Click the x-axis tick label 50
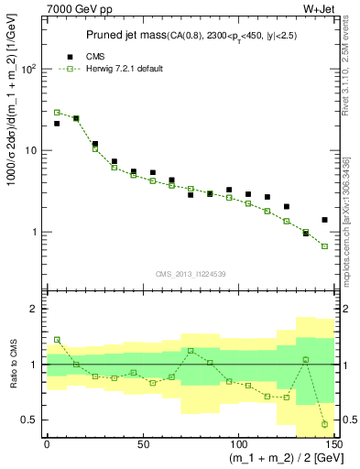pyautogui.click(x=142, y=442)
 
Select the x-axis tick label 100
pyautogui.click(x=237, y=442)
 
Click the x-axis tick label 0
pyautogui.click(x=47, y=442)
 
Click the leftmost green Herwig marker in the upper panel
pyautogui.click(x=57, y=112)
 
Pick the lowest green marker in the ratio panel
pyautogui.click(x=324, y=424)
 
